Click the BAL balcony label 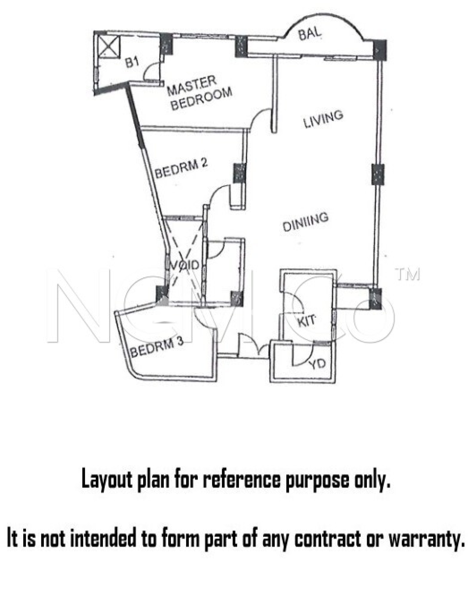310,33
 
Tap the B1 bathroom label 132,62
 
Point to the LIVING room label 323,119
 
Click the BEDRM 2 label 181,169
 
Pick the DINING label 305,222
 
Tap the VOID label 184,265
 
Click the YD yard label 317,363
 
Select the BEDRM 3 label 157,347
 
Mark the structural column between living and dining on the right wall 378,174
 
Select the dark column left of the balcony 241,46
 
